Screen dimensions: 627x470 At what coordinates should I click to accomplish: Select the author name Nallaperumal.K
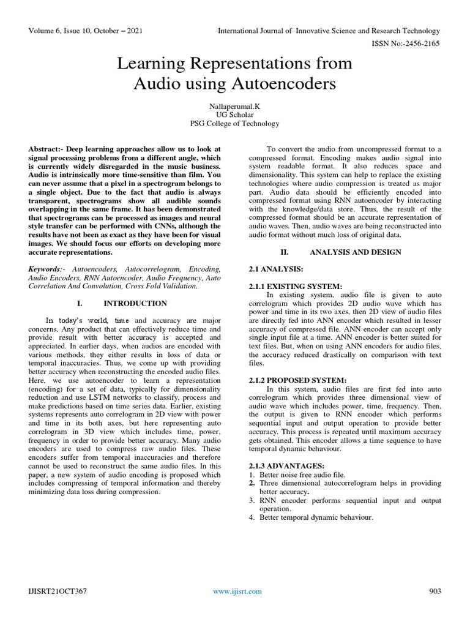[x=235, y=107]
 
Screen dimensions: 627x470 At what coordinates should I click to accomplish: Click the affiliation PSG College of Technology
[x=235, y=124]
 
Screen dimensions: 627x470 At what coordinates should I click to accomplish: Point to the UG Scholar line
[x=235, y=115]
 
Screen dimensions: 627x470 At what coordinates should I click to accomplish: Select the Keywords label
[x=46, y=269]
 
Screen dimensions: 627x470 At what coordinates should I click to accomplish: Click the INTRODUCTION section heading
[x=135, y=303]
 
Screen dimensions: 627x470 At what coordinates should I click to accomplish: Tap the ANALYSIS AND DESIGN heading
[x=356, y=252]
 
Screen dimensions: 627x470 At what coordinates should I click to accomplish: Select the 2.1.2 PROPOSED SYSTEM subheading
[x=298, y=380]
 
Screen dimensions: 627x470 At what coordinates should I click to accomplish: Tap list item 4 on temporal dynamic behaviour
[x=316, y=517]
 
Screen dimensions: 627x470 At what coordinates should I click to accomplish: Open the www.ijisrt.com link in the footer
[x=237, y=591]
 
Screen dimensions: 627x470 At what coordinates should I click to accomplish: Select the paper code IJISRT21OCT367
[x=58, y=591]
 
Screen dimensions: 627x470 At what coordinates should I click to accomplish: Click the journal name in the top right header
[x=329, y=31]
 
